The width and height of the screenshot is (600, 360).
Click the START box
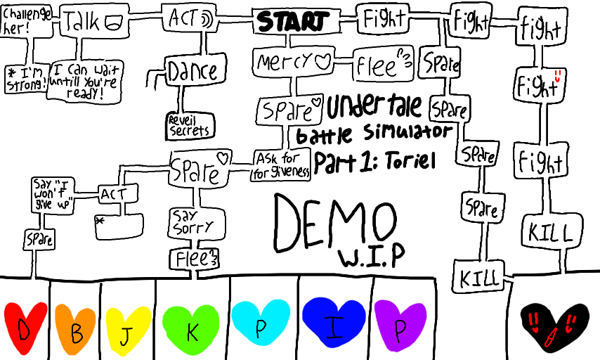tap(292, 21)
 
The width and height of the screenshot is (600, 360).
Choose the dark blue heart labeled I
tap(334, 323)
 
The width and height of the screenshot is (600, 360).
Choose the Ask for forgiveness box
tap(282, 166)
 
